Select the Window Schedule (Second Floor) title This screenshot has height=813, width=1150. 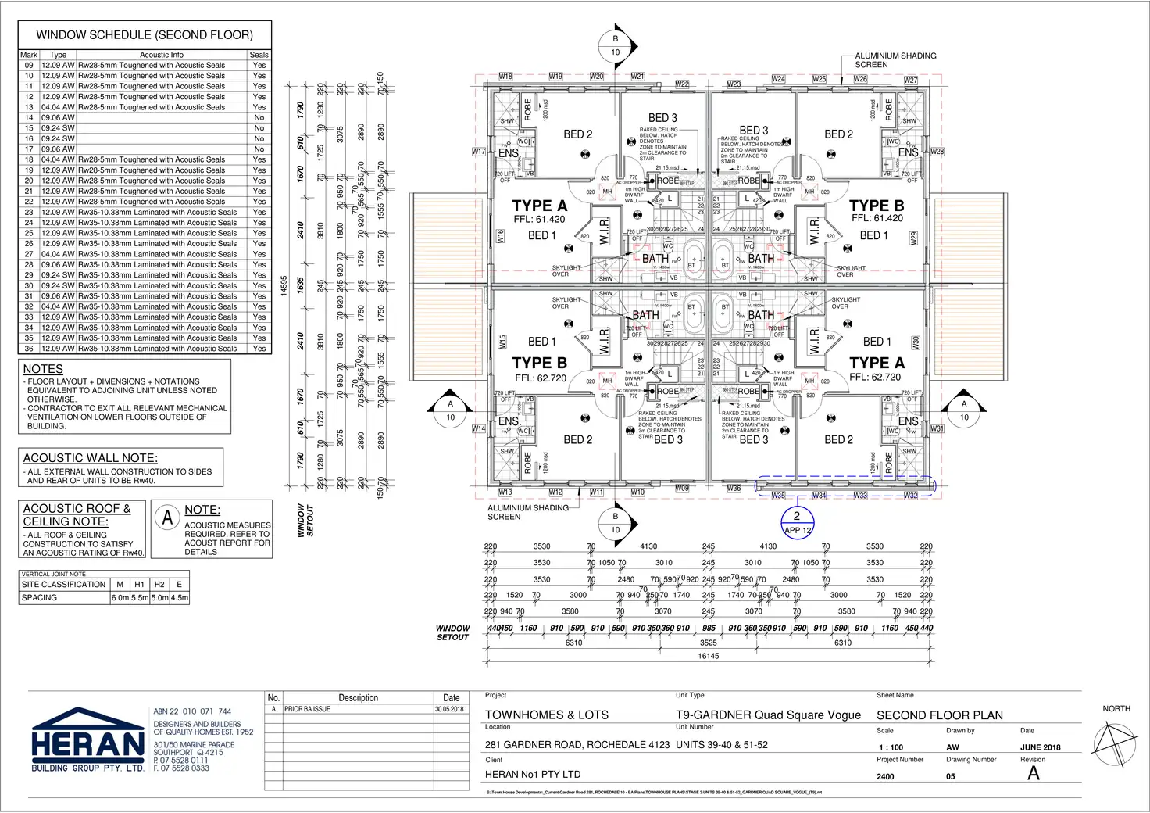click(145, 35)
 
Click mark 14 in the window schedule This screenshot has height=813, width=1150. click(29, 118)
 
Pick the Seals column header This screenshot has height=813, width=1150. click(259, 55)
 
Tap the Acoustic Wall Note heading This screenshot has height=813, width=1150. click(91, 458)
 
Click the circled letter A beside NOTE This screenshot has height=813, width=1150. click(167, 518)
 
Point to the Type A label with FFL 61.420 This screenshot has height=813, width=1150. click(539, 206)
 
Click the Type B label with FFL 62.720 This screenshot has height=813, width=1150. click(539, 364)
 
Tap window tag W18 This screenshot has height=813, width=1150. click(505, 77)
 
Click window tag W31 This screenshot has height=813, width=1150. click(937, 428)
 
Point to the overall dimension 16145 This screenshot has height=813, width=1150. click(708, 656)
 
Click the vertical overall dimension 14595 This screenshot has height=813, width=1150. click(284, 286)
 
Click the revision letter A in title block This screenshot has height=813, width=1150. click(1033, 774)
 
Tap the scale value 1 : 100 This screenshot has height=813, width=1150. click(891, 747)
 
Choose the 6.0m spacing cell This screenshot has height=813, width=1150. click(120, 597)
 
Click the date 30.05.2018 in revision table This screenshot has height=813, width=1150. click(449, 709)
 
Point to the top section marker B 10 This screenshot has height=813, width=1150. click(615, 45)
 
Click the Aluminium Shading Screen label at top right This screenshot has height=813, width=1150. click(895, 60)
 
